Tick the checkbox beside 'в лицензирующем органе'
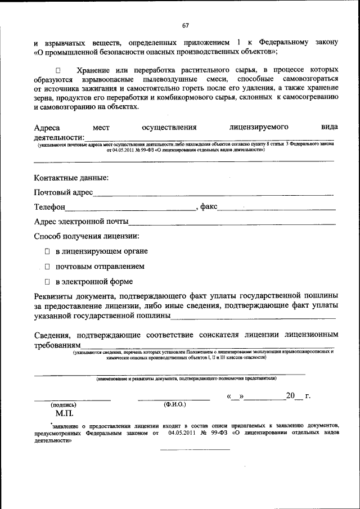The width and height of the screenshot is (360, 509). click(48, 250)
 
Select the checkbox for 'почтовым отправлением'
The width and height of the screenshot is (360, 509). click(48, 266)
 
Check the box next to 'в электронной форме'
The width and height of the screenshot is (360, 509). click(48, 281)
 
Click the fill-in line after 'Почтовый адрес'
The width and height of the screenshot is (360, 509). click(214, 193)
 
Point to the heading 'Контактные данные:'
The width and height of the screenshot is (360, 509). click(71, 178)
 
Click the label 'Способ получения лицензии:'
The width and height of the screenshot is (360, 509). click(87, 236)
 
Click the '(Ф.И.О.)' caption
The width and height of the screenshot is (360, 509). click(174, 404)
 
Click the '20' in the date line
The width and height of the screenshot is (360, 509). click(290, 396)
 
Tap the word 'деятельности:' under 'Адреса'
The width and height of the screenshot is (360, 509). click(59, 138)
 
